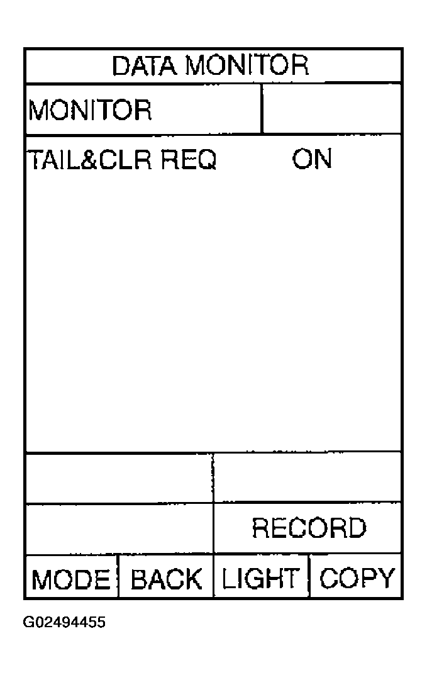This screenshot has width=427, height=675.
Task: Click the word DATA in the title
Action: click(x=144, y=65)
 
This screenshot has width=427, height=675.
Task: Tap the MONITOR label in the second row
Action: click(x=90, y=109)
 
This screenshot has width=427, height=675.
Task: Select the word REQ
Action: click(x=189, y=160)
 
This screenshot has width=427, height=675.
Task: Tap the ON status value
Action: click(x=312, y=159)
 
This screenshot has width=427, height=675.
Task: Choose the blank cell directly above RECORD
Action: click(x=308, y=477)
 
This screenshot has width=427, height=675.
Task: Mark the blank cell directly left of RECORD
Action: click(x=119, y=528)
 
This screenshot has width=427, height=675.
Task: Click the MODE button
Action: click(x=71, y=579)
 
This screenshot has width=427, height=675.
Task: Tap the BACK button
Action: click(x=166, y=579)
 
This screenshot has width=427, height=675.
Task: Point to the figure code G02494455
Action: click(x=64, y=623)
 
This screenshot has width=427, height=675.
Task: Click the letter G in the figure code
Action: click(x=28, y=623)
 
